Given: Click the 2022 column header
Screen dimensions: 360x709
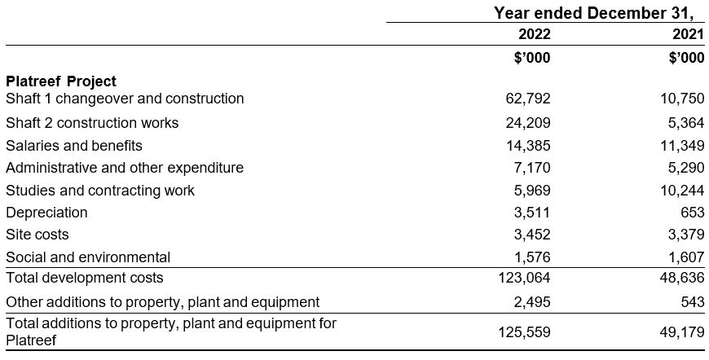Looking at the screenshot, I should [534, 34].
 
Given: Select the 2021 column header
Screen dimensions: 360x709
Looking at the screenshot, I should [687, 34].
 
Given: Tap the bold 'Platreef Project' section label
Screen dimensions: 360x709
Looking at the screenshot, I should [61, 81].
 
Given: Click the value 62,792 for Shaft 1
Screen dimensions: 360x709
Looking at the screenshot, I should [527, 99].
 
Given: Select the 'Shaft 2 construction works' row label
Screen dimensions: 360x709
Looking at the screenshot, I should [92, 123].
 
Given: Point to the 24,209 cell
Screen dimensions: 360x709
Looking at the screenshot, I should [527, 123].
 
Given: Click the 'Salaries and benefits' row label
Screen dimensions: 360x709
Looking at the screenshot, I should [74, 146].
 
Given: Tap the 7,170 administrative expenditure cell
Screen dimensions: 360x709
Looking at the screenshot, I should [531, 168].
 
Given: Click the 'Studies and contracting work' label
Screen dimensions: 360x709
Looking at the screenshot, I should [100, 191].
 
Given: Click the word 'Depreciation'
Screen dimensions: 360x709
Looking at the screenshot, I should [46, 213].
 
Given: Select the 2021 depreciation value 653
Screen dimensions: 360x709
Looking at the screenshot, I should [692, 213].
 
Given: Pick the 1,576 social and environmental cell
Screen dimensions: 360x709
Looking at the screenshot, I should [531, 257].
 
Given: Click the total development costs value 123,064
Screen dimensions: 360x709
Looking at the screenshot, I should [524, 278].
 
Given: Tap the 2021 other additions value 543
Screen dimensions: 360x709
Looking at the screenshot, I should [692, 302].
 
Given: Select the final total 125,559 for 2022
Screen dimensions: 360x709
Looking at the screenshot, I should [524, 331].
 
